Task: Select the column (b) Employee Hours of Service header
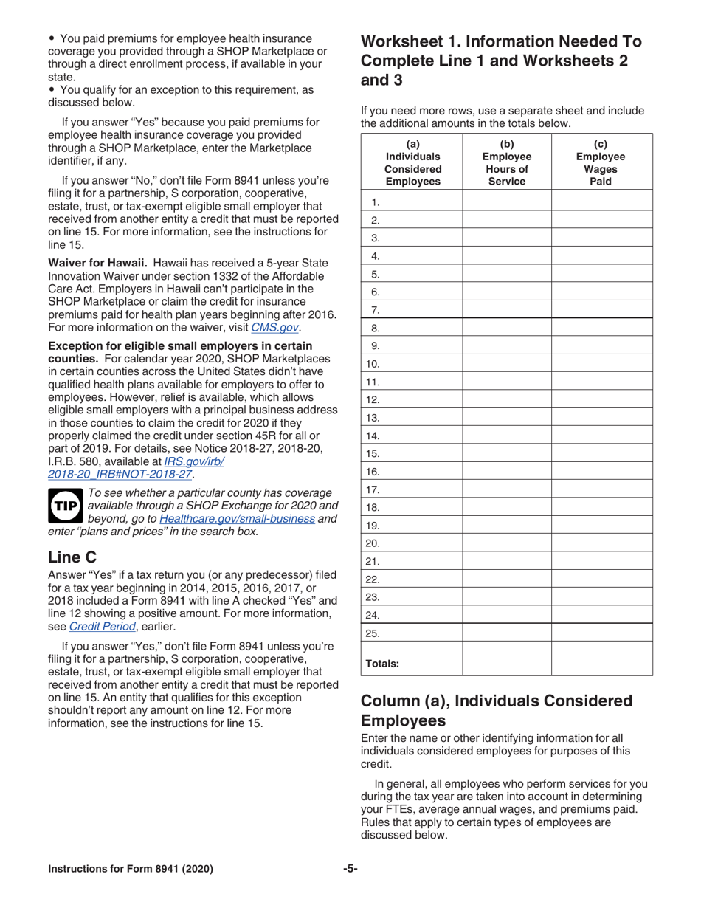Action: tap(506, 162)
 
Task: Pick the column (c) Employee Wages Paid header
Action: tap(601, 162)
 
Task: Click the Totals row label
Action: tap(382, 663)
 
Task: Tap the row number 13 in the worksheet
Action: tap(373, 417)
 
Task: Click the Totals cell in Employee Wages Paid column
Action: tap(601, 658)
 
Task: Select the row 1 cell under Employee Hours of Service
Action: tap(506, 202)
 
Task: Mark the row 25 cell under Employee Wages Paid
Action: tap(601, 633)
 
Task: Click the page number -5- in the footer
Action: tap(350, 869)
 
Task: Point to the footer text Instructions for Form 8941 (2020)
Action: tap(131, 869)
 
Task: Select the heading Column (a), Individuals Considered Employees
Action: tap(496, 710)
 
